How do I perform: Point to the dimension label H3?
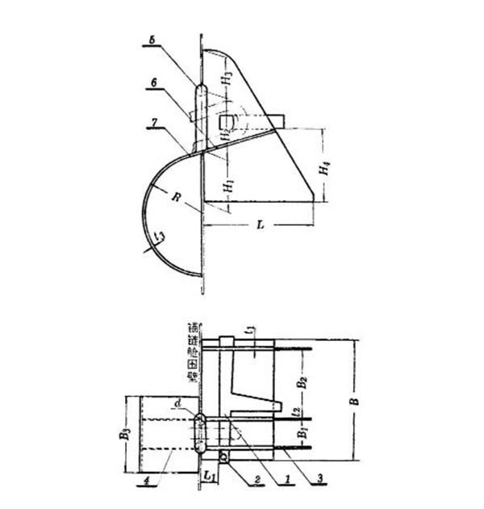(x=230, y=79)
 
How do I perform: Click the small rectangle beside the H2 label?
(x=227, y=123)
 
